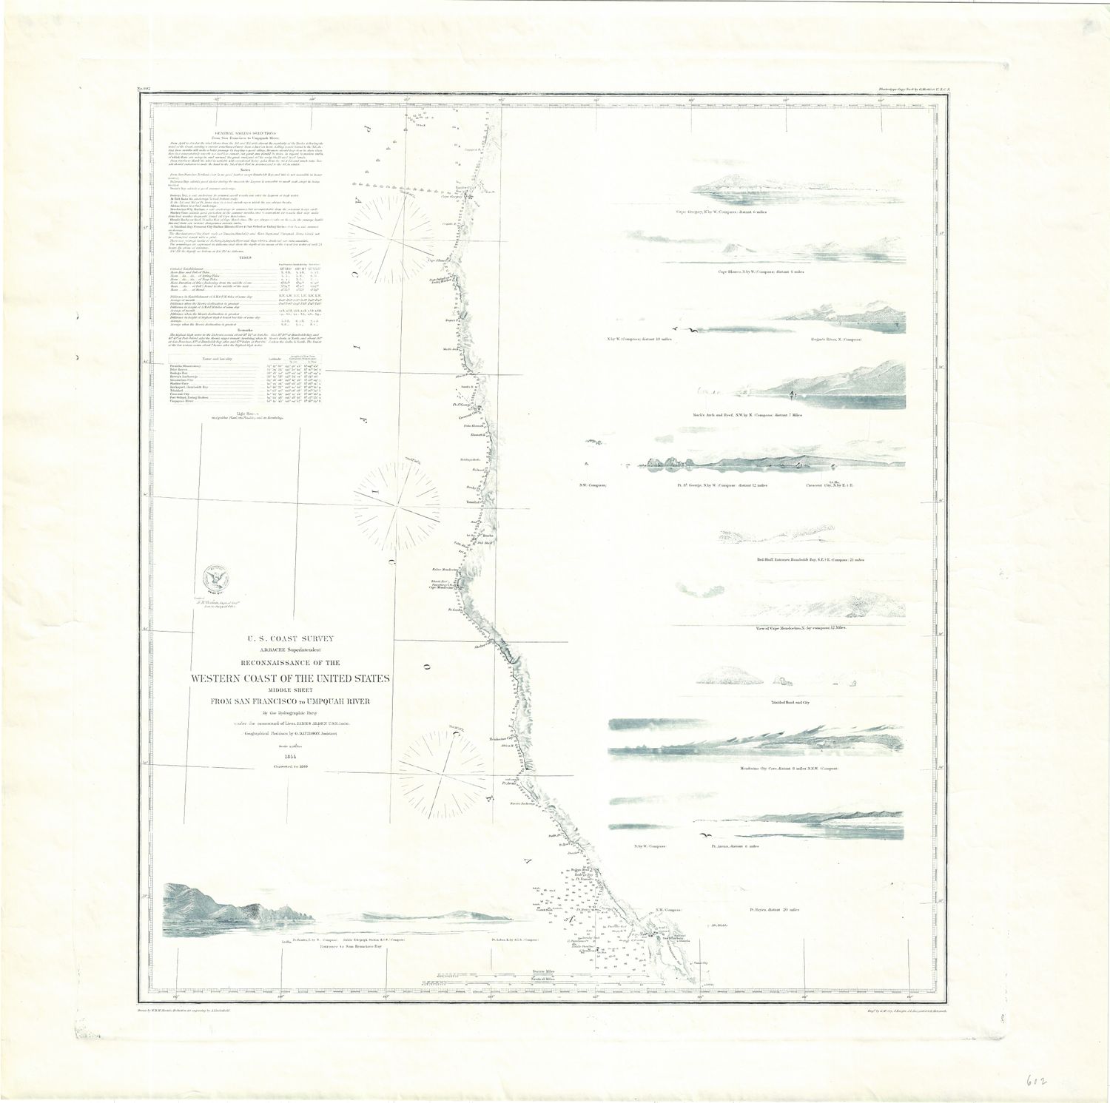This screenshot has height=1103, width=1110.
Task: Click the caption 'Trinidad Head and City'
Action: pyautogui.click(x=780, y=701)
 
